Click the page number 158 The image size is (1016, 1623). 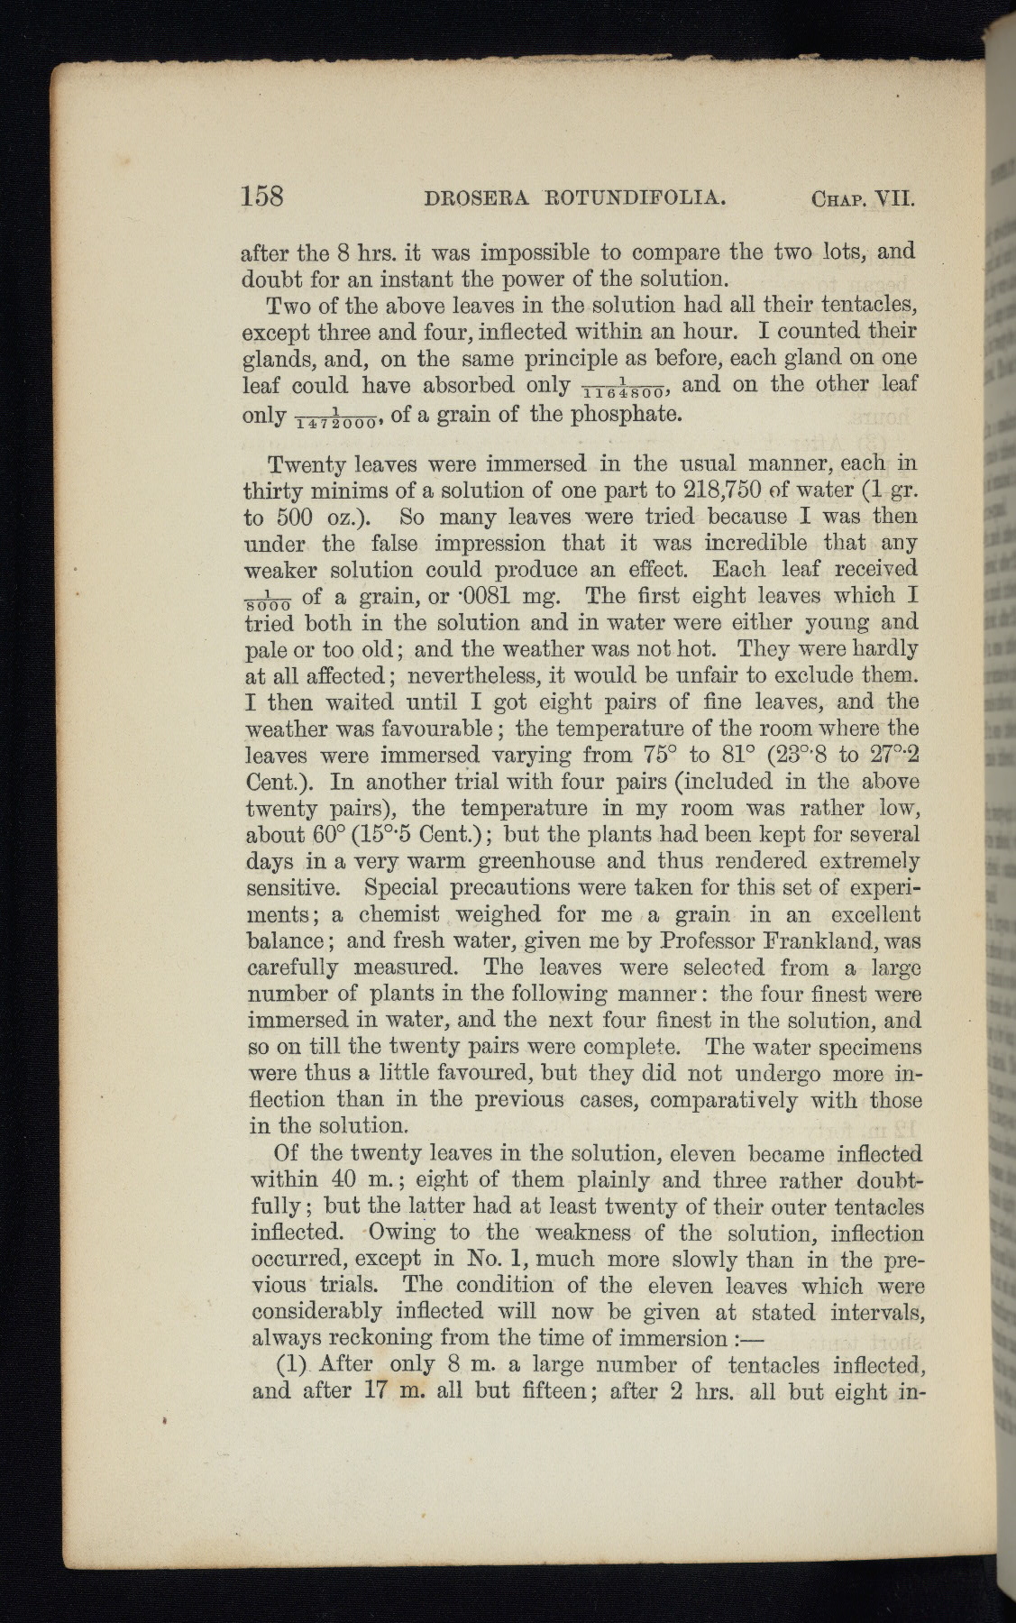(x=263, y=196)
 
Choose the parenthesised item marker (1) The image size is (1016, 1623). (x=291, y=1364)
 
